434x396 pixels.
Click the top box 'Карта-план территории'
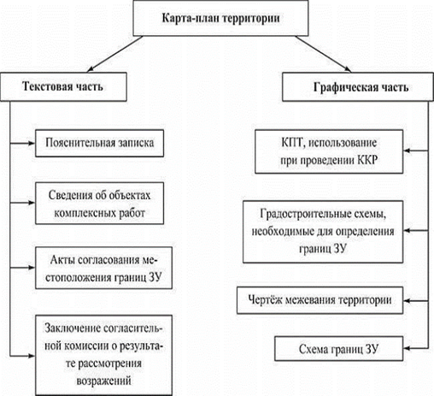(220, 18)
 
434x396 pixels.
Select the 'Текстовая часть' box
(63, 86)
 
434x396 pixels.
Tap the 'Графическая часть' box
(358, 86)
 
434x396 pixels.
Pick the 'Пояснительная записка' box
(99, 143)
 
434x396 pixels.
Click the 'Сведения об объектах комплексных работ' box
(99, 204)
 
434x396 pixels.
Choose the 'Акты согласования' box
(103, 268)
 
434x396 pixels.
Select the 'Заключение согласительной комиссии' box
(103, 355)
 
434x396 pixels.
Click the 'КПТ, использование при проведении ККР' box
(329, 151)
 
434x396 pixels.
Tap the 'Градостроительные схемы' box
(323, 232)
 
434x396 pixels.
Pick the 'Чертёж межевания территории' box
(320, 300)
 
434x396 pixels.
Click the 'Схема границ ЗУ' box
(339, 349)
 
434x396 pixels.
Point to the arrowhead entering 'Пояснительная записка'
(32, 143)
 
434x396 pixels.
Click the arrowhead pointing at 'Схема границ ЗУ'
(408, 348)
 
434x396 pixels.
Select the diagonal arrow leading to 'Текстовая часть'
(115, 54)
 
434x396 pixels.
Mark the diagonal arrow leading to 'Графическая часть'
(323, 54)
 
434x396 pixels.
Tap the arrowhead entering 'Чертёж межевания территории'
(408, 301)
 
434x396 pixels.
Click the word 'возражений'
(103, 381)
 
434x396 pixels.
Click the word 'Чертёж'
(265, 300)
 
